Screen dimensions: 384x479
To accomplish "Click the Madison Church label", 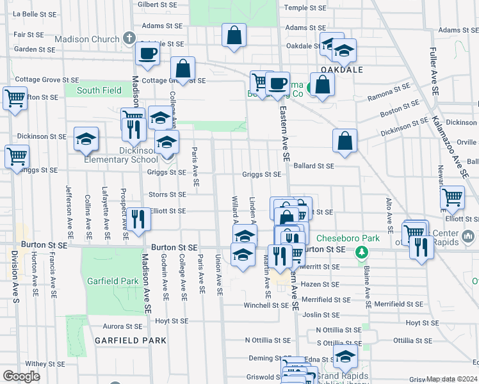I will pyautogui.click(x=87, y=39).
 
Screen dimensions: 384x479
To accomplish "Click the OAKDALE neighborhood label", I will pyautogui.click(x=342, y=70).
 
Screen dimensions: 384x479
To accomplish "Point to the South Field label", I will pyautogui.click(x=99, y=90).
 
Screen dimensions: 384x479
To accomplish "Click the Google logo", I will pyautogui.click(x=21, y=376).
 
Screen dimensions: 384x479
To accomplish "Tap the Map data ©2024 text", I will pyautogui.click(x=451, y=379).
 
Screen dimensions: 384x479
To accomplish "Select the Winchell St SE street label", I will pyautogui.click(x=266, y=305).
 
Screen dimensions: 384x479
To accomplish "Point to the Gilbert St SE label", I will pyautogui.click(x=157, y=4).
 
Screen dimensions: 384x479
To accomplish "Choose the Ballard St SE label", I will pyautogui.click(x=314, y=166).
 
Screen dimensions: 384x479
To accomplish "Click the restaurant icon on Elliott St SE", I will pyautogui.click(x=138, y=219).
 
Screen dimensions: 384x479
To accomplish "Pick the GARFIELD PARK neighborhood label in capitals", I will pyautogui.click(x=131, y=340).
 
